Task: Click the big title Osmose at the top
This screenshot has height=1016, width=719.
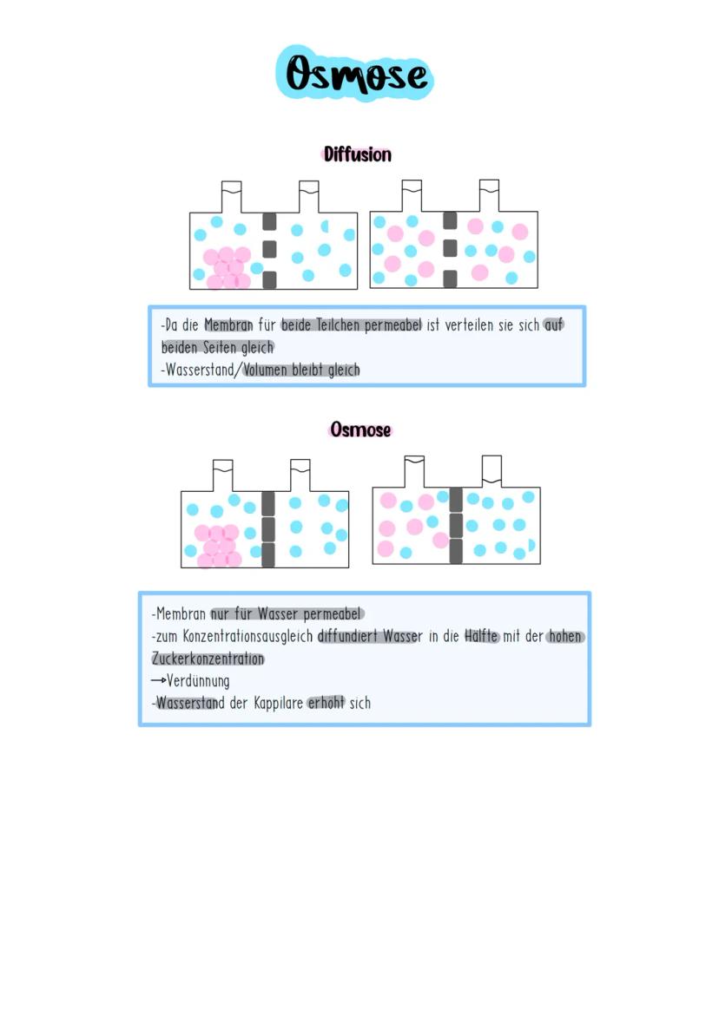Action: pyautogui.click(x=357, y=75)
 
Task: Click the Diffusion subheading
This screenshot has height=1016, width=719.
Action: pyautogui.click(x=357, y=154)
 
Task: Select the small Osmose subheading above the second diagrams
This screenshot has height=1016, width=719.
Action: pyautogui.click(x=360, y=429)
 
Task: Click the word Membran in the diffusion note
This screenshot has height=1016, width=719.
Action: pyautogui.click(x=228, y=325)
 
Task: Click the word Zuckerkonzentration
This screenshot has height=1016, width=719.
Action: pyautogui.click(x=208, y=659)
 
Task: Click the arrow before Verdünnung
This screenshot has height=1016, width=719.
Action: pyautogui.click(x=158, y=681)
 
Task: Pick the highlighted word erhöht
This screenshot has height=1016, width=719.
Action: pyautogui.click(x=326, y=703)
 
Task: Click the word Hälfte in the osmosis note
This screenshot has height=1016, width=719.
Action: pyautogui.click(x=482, y=637)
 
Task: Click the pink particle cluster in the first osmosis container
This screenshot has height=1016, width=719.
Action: pyautogui.click(x=217, y=546)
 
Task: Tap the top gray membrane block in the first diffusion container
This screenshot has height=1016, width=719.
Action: pyautogui.click(x=269, y=222)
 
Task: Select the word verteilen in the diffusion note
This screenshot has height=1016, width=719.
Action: pyautogui.click(x=469, y=325)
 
